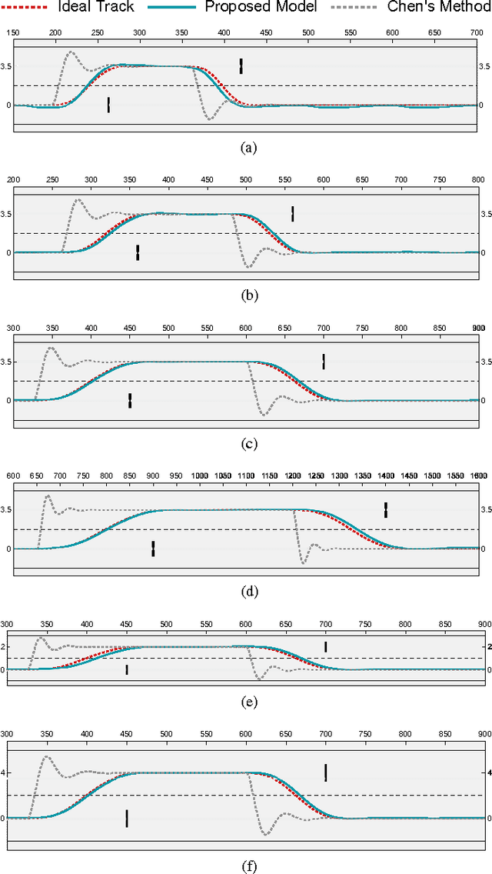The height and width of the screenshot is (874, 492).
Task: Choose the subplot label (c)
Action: [247, 443]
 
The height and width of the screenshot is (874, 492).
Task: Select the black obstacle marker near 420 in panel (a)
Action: [241, 65]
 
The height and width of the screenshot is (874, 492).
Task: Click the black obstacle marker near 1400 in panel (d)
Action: [386, 509]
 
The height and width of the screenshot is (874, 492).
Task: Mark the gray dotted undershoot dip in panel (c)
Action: [264, 415]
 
